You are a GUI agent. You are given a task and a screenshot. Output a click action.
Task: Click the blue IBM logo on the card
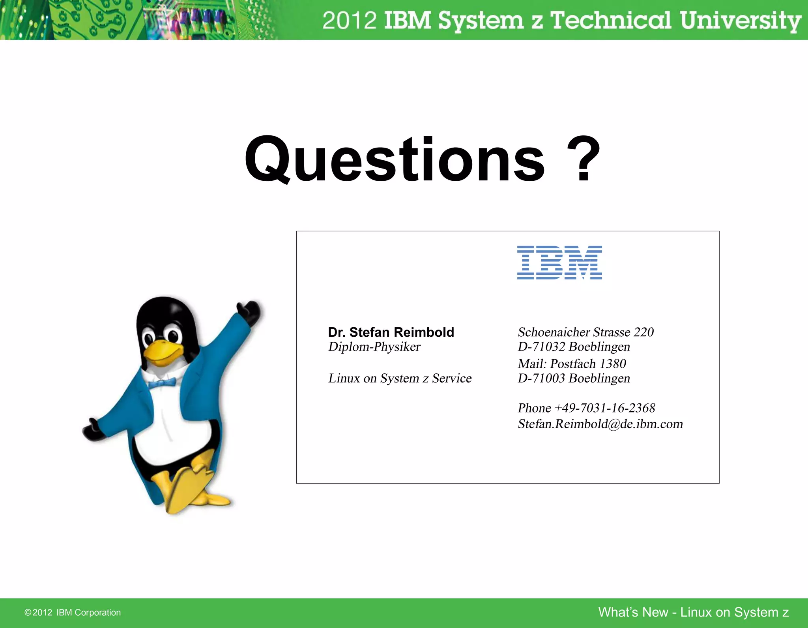559,262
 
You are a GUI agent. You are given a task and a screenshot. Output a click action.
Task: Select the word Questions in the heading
395,160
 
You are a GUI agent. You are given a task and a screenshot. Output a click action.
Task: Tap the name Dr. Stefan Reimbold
391,332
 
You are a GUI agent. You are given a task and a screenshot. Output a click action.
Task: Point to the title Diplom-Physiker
374,347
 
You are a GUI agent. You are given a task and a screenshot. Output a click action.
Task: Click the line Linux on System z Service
400,379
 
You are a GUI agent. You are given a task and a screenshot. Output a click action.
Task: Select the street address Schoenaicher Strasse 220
585,332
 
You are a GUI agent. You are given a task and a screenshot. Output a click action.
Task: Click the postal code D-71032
541,347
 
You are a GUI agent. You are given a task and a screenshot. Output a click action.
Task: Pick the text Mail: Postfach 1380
572,364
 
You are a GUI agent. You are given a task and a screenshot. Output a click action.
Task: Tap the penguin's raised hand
249,310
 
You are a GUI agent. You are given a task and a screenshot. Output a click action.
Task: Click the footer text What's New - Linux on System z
693,612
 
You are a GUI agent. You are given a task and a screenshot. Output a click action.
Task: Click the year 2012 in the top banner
350,21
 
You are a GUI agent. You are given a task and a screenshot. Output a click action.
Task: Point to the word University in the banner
740,21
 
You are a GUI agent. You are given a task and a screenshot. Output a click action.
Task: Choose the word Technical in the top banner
610,21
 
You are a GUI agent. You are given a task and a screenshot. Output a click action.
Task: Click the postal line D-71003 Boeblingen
574,379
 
